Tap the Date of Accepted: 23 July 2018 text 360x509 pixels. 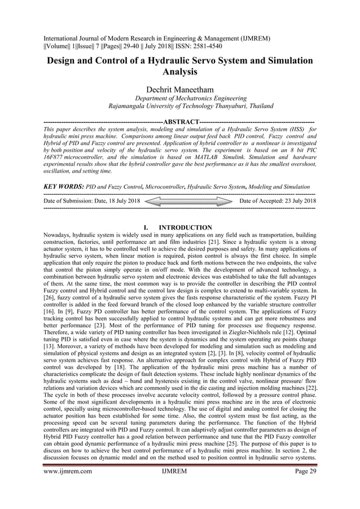coord(278,200)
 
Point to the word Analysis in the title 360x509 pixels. coord(180,72)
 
